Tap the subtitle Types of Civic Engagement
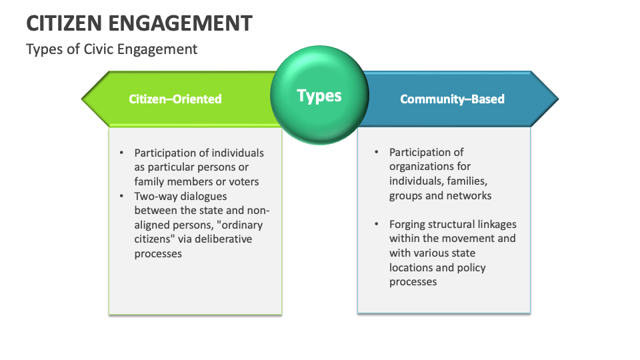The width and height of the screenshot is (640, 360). (111, 49)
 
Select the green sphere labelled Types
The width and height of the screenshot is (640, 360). (319, 95)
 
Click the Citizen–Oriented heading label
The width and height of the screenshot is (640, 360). (175, 99)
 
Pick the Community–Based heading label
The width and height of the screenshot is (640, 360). (452, 99)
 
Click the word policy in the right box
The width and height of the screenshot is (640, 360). (471, 267)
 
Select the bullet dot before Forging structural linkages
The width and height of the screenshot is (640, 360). (376, 224)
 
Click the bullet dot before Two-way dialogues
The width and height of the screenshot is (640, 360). (121, 196)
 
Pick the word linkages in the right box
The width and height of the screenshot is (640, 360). (495, 224)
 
